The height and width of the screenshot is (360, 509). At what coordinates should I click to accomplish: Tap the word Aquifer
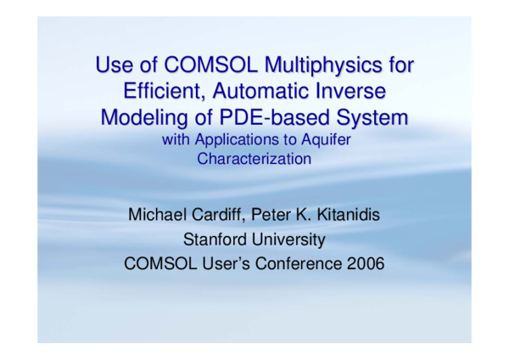pyautogui.click(x=322, y=140)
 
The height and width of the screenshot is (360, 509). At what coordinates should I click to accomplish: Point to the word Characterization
pyautogui.click(x=255, y=158)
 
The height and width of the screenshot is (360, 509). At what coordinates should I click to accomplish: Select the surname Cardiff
pyautogui.click(x=220, y=215)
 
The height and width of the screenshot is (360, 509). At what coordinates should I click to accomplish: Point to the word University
pyautogui.click(x=288, y=239)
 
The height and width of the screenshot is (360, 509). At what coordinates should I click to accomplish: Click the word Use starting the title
pyautogui.click(x=113, y=65)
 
